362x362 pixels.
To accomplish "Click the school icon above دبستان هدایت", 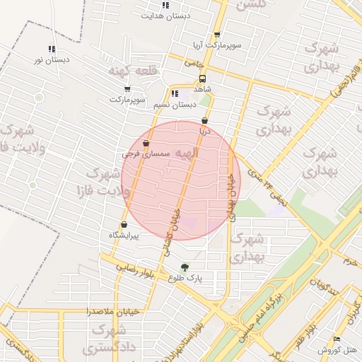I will tap(165, 5).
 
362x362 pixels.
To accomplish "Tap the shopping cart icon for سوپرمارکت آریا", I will tap(217, 35).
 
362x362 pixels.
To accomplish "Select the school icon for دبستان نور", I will tap(52, 49).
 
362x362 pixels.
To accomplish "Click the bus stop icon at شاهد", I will tap(203, 79).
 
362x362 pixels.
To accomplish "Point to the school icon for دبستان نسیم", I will tap(174, 93).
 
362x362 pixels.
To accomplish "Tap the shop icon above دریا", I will tap(205, 120).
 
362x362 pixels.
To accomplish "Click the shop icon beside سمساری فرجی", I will tap(146, 142).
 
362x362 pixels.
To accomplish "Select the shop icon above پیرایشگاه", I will tap(124, 225).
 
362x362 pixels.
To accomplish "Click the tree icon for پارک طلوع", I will tap(185, 267).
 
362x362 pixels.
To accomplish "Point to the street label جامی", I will tap(189, 63).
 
